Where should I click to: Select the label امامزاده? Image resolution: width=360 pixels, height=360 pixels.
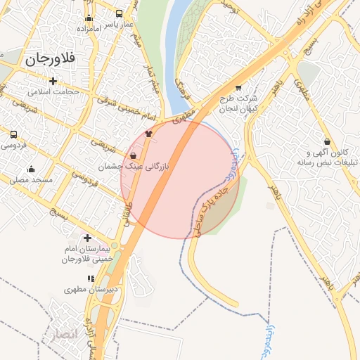[89, 29]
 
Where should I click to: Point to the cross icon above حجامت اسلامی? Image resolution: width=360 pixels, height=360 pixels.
[53, 80]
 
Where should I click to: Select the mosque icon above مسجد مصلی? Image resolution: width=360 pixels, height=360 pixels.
[31, 169]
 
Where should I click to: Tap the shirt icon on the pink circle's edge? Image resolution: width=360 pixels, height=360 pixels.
[148, 133]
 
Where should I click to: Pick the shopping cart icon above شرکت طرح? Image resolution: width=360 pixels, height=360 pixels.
[238, 89]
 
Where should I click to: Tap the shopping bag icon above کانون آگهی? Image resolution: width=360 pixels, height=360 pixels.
[328, 141]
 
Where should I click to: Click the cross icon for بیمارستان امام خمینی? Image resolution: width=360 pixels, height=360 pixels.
[87, 238]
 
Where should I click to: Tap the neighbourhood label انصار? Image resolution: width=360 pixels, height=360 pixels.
[58, 335]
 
